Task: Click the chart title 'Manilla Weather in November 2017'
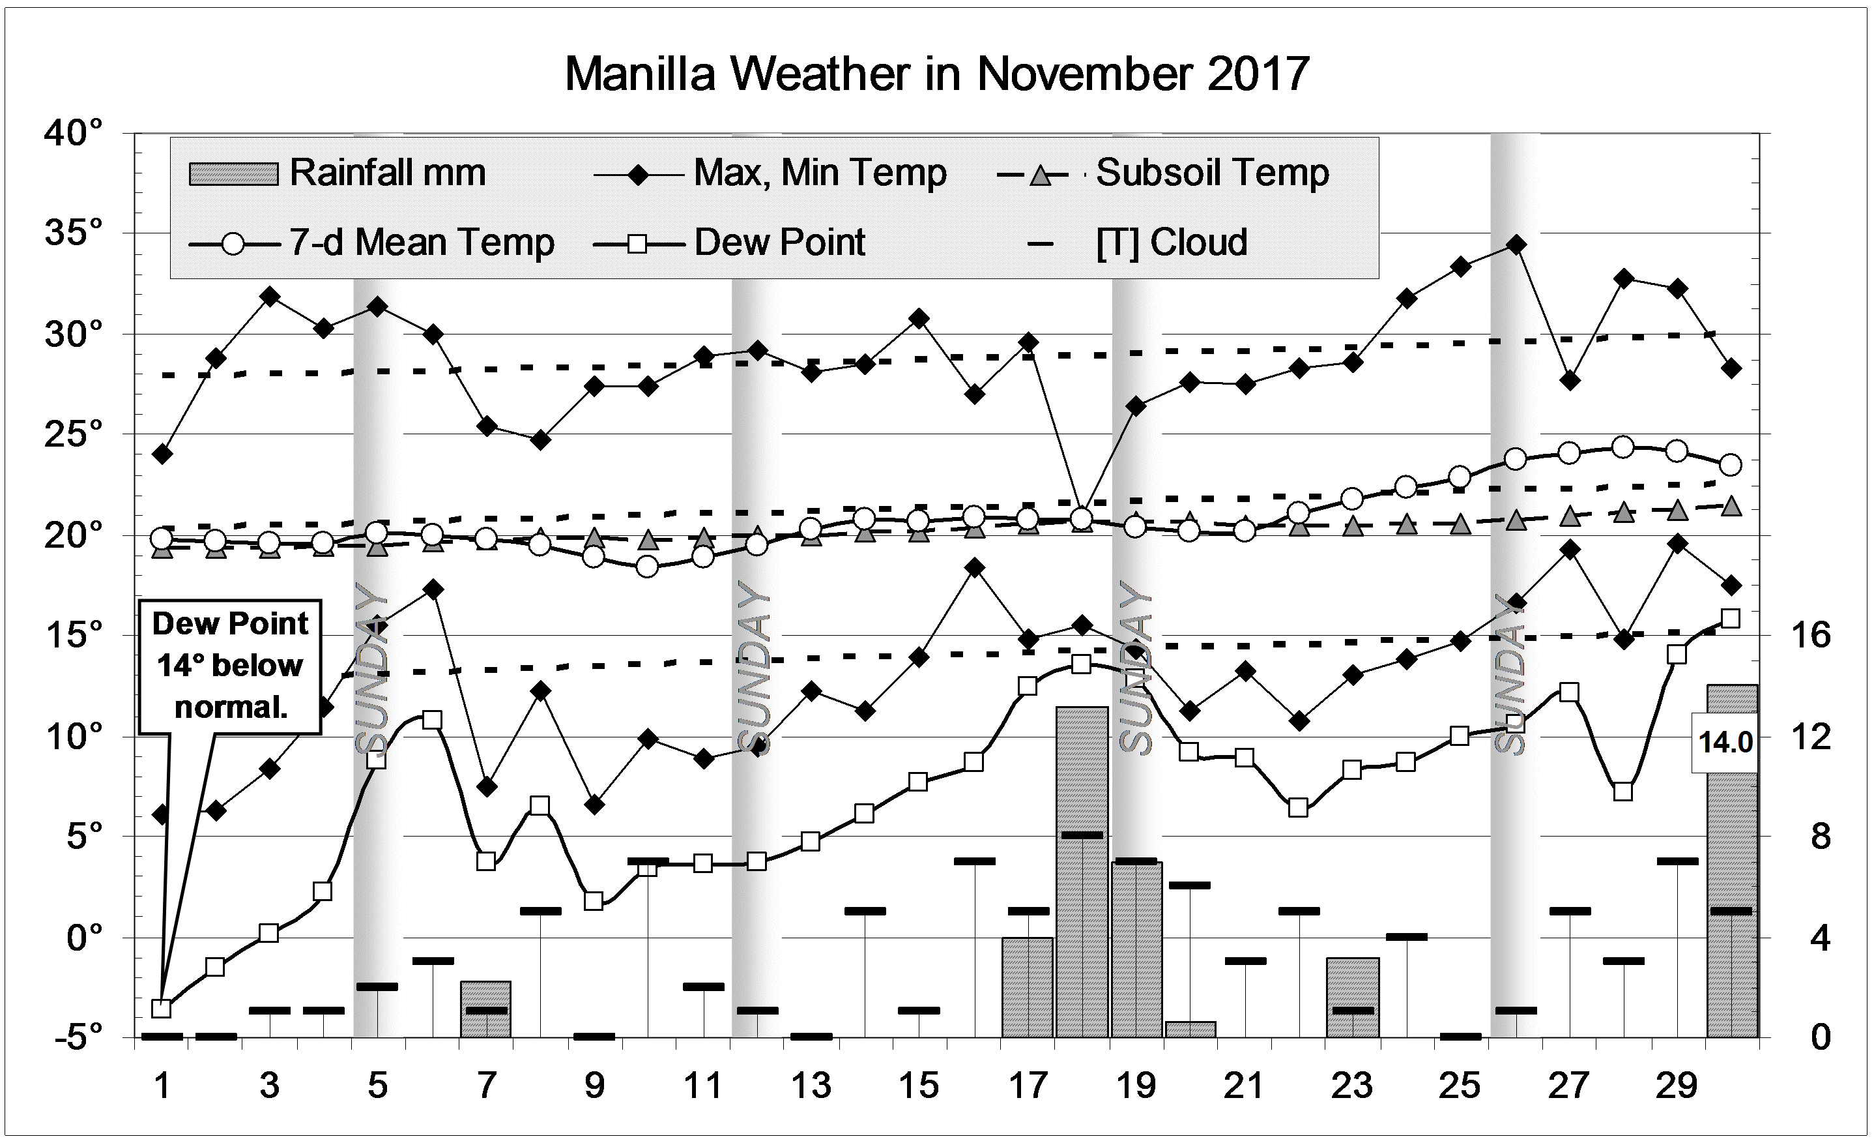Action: [x=936, y=74]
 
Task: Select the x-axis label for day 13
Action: [x=811, y=1085]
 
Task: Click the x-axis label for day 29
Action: [x=1677, y=1085]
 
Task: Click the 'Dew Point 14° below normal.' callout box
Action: [x=229, y=666]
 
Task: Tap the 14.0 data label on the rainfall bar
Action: [x=1725, y=742]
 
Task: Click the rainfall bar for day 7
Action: [x=485, y=1009]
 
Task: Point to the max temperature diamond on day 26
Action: [x=1516, y=245]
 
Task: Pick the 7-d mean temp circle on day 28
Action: [x=1623, y=447]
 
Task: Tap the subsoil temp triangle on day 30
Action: [x=1731, y=505]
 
